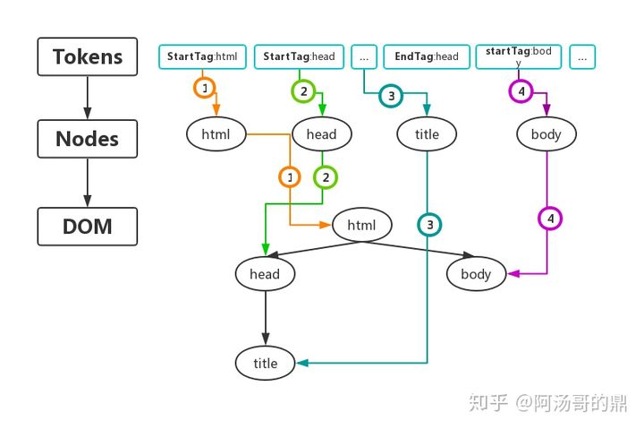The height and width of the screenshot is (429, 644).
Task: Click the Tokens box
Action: point(87,56)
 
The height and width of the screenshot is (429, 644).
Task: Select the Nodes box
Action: point(87,139)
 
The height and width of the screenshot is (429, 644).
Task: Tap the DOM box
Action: point(87,227)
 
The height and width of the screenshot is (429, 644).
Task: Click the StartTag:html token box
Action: point(203,56)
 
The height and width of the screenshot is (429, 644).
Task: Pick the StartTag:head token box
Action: point(299,56)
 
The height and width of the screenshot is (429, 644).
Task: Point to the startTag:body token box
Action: point(520,56)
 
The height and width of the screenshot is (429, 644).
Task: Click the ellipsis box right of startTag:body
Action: point(582,56)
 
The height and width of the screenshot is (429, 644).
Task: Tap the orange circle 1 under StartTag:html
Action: point(205,89)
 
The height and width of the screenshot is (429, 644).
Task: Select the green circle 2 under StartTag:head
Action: point(304,90)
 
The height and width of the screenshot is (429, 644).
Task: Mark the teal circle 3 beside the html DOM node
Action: point(429,224)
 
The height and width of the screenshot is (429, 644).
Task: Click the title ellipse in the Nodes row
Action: point(428,134)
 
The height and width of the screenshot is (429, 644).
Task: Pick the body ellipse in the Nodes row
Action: point(547,134)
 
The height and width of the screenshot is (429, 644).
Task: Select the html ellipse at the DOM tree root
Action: point(361,225)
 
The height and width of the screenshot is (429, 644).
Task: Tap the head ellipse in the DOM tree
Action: point(265,274)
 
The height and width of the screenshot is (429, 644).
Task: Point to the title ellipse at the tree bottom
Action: point(266,363)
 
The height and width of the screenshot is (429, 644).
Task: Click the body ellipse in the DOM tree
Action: point(476,274)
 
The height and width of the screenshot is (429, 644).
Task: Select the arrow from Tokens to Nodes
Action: point(87,98)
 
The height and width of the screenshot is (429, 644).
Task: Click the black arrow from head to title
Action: point(265,318)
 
